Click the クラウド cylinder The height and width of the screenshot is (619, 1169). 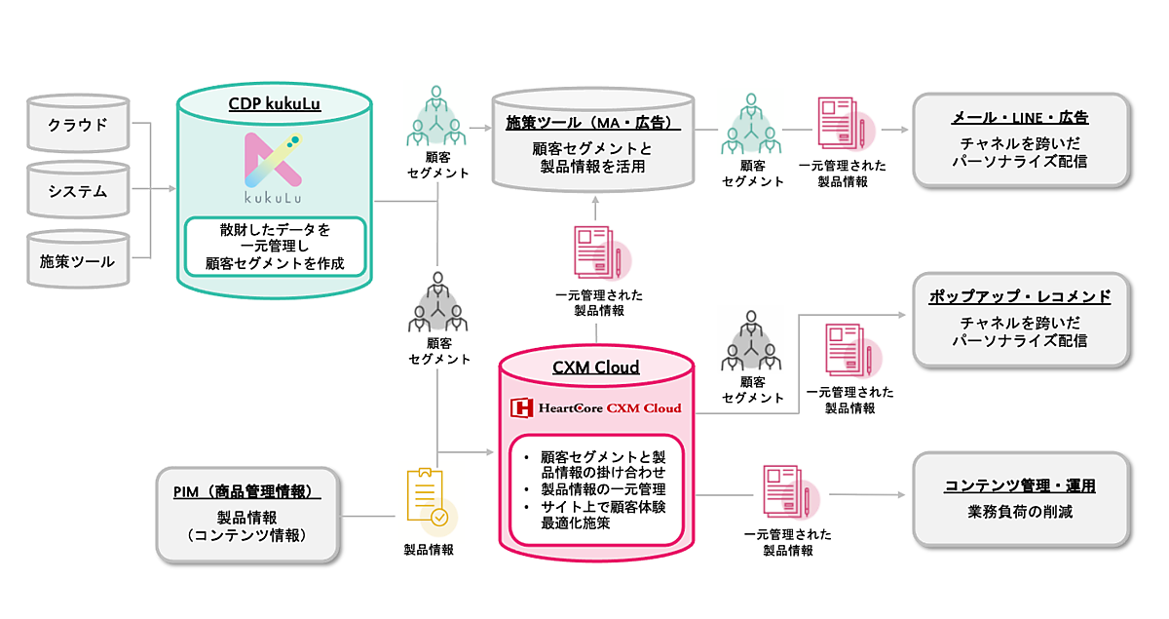(79, 125)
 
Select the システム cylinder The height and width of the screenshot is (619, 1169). (79, 192)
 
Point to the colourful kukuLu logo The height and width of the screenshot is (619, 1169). (272, 166)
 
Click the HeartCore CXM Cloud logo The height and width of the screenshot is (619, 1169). (597, 407)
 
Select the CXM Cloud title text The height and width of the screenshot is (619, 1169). (597, 368)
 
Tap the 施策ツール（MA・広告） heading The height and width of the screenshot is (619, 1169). (592, 124)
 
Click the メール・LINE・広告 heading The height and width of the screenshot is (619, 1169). (1019, 118)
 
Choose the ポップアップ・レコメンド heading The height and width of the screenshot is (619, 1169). (1019, 296)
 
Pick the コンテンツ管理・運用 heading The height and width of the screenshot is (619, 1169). (1019, 485)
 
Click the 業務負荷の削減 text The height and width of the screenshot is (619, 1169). (1019, 513)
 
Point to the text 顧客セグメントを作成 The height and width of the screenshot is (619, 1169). (275, 264)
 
